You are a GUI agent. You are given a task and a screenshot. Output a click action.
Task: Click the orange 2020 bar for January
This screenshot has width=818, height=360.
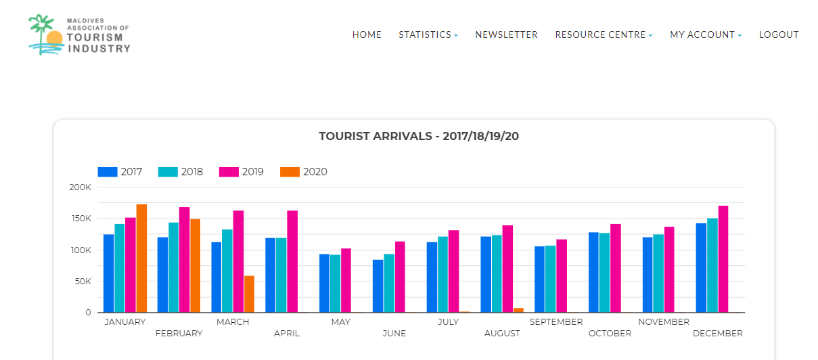(x=141, y=258)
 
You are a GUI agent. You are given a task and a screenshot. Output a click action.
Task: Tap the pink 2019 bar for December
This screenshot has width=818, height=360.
(x=723, y=259)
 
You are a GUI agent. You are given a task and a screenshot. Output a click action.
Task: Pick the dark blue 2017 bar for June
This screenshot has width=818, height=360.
(x=378, y=286)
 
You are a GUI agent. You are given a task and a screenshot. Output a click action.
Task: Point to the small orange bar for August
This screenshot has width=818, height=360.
(x=518, y=310)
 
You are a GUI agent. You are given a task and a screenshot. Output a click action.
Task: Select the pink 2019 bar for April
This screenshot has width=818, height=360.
(x=292, y=262)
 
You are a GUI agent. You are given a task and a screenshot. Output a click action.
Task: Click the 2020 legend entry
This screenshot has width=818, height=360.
(x=304, y=172)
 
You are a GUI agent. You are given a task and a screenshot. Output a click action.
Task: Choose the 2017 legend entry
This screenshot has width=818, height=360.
(x=120, y=172)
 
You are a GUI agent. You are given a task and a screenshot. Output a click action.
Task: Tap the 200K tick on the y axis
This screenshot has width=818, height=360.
(x=80, y=187)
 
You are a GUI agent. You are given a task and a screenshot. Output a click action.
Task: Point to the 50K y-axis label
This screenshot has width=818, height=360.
(x=82, y=282)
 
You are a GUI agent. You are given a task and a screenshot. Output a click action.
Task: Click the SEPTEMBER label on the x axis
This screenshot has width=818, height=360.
(x=556, y=322)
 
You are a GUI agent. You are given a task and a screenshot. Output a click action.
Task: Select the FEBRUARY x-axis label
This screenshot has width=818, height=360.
(x=179, y=334)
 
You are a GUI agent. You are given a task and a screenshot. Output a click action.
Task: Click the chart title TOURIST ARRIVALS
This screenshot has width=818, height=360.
(x=419, y=136)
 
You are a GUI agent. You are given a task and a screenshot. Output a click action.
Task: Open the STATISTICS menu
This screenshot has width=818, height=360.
(x=428, y=35)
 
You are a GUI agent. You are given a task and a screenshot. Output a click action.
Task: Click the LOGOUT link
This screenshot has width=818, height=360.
(x=779, y=35)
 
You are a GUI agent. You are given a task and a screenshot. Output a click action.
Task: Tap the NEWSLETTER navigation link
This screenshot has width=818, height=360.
(x=506, y=35)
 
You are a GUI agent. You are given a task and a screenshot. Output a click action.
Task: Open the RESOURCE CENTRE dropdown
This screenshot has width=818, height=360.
(x=604, y=35)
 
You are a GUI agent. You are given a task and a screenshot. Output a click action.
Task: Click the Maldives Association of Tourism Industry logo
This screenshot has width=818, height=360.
(x=79, y=35)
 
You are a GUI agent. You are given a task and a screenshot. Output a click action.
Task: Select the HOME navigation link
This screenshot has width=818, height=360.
(x=367, y=35)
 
